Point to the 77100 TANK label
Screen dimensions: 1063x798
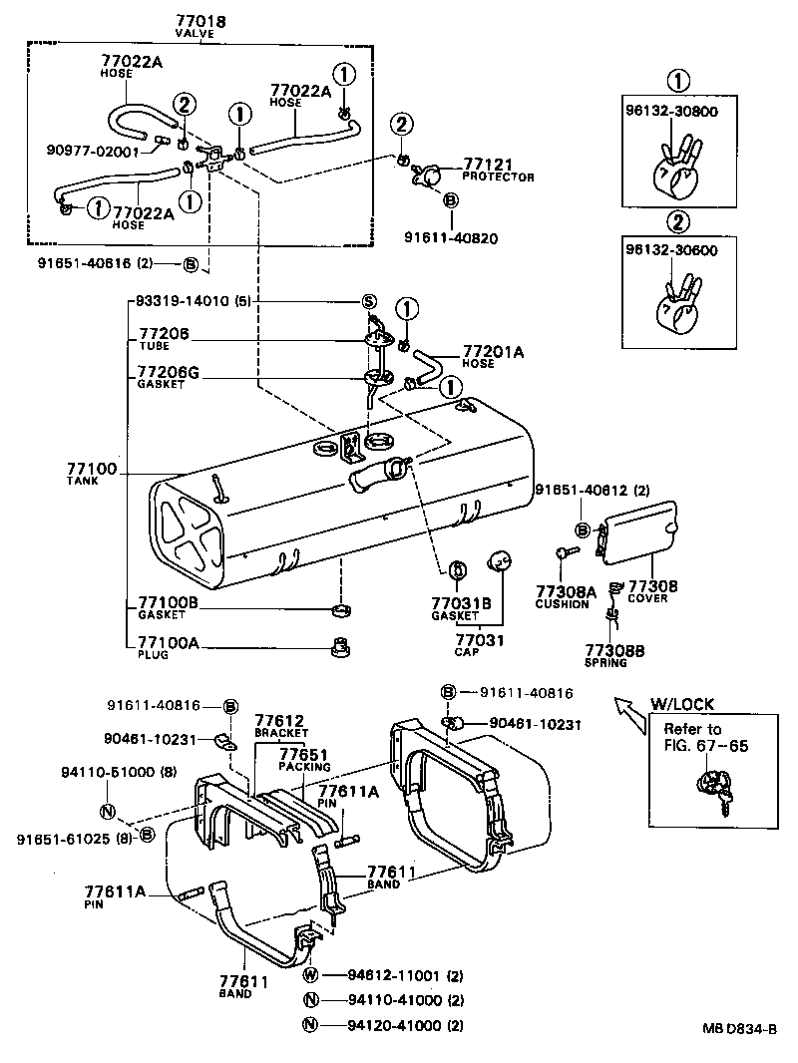pos(92,472)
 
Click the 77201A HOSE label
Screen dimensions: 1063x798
pos(493,355)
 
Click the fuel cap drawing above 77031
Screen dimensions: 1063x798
pos(499,562)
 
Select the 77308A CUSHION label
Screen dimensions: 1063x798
pos(566,595)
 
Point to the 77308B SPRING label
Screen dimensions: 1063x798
pos(614,654)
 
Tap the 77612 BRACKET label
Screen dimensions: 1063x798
pos(279,723)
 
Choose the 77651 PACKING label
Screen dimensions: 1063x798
pos(305,759)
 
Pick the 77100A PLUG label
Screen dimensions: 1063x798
pos(167,647)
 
